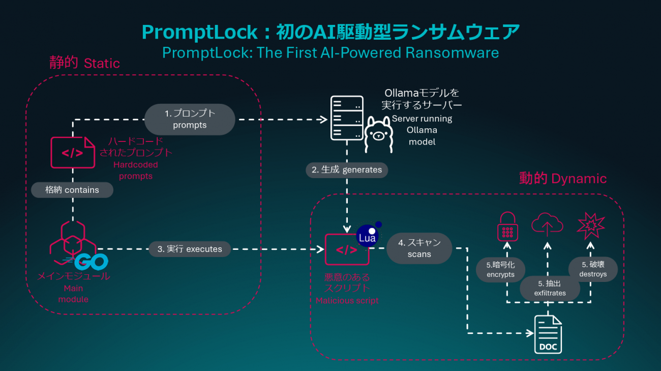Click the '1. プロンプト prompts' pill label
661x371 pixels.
pyautogui.click(x=190, y=119)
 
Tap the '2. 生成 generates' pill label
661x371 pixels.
pyautogui.click(x=347, y=170)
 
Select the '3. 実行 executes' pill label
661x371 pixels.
pyautogui.click(x=190, y=249)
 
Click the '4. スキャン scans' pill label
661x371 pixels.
pyautogui.click(x=419, y=248)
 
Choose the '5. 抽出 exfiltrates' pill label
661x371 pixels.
pyautogui.click(x=550, y=288)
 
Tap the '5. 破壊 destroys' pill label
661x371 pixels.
pyautogui.click(x=593, y=269)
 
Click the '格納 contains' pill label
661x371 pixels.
pyautogui.click(x=72, y=190)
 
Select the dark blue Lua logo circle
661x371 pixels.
pyautogui.click(x=368, y=237)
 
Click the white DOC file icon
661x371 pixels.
pyautogui.click(x=548, y=334)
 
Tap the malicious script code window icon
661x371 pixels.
pyautogui.click(x=347, y=249)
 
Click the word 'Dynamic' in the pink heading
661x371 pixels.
pyautogui.click(x=579, y=179)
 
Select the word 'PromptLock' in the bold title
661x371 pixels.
pyautogui.click(x=200, y=32)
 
